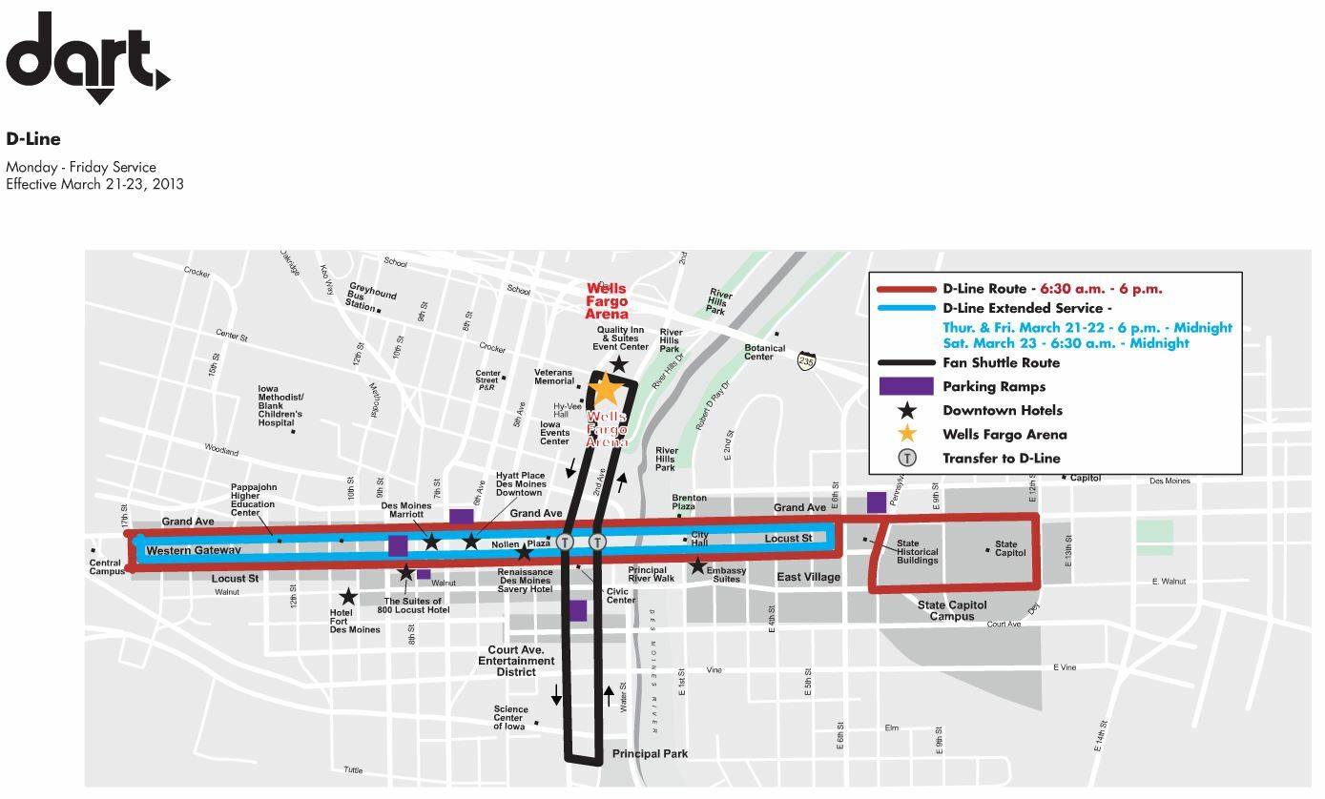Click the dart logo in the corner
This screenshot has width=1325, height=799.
tap(87, 57)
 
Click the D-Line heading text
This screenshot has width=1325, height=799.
tap(33, 139)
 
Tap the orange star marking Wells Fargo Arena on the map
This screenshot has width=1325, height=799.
tap(605, 389)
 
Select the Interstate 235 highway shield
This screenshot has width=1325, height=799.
tap(807, 361)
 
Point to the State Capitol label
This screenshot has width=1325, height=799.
tap(1010, 548)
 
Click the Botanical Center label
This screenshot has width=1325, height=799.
tap(765, 353)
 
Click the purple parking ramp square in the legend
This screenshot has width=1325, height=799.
tap(905, 386)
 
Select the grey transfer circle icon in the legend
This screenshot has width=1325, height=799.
tap(906, 458)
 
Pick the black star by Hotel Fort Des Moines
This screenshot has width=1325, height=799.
tap(349, 597)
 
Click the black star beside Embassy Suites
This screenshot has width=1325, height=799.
tap(698, 566)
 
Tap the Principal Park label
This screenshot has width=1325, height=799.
tap(650, 754)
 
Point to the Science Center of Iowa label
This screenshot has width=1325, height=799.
tap(510, 718)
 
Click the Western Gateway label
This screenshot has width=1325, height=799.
tap(193, 551)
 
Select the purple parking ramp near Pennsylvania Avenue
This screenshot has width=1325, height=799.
tap(876, 502)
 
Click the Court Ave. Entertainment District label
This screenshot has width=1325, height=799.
tap(516, 661)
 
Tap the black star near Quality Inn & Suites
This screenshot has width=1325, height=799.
tap(619, 364)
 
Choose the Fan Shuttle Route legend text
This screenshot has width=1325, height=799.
tap(1001, 362)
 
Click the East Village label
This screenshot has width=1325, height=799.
tap(808, 577)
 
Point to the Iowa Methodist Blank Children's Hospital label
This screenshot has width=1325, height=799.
tap(280, 406)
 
